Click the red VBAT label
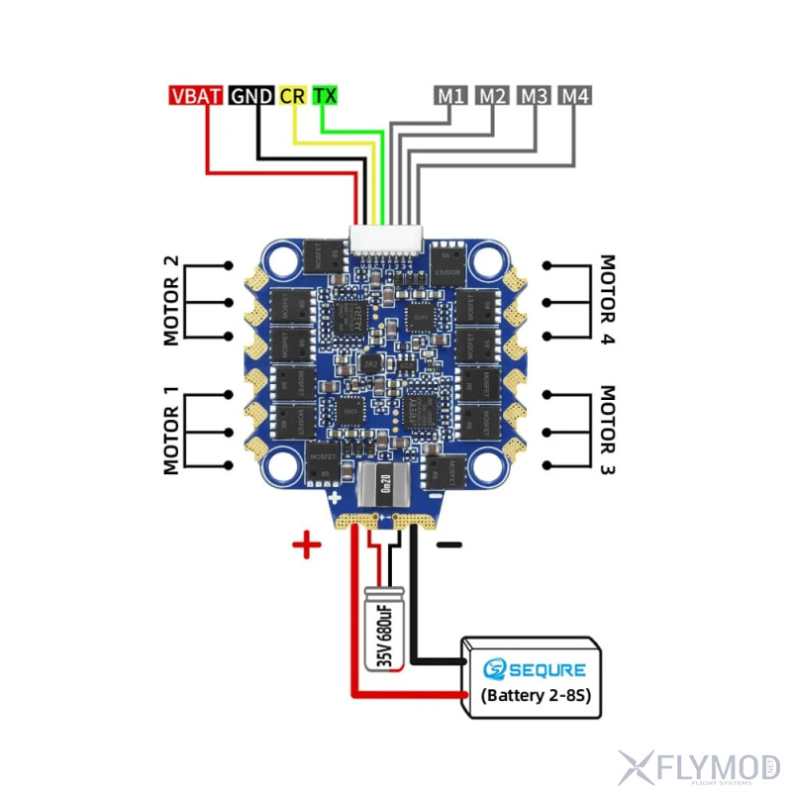click(196, 96)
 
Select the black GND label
click(251, 96)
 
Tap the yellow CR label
click(293, 96)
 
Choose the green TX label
click(325, 96)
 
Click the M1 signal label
click(450, 96)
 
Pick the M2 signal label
click(492, 96)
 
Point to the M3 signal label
click(534, 96)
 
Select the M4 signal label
click(575, 96)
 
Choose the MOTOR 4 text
click(608, 300)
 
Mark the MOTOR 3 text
click(608, 432)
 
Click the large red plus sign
click(307, 544)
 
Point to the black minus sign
click(448, 544)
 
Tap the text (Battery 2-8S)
click(535, 695)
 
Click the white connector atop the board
click(385, 237)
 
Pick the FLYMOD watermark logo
click(698, 766)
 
